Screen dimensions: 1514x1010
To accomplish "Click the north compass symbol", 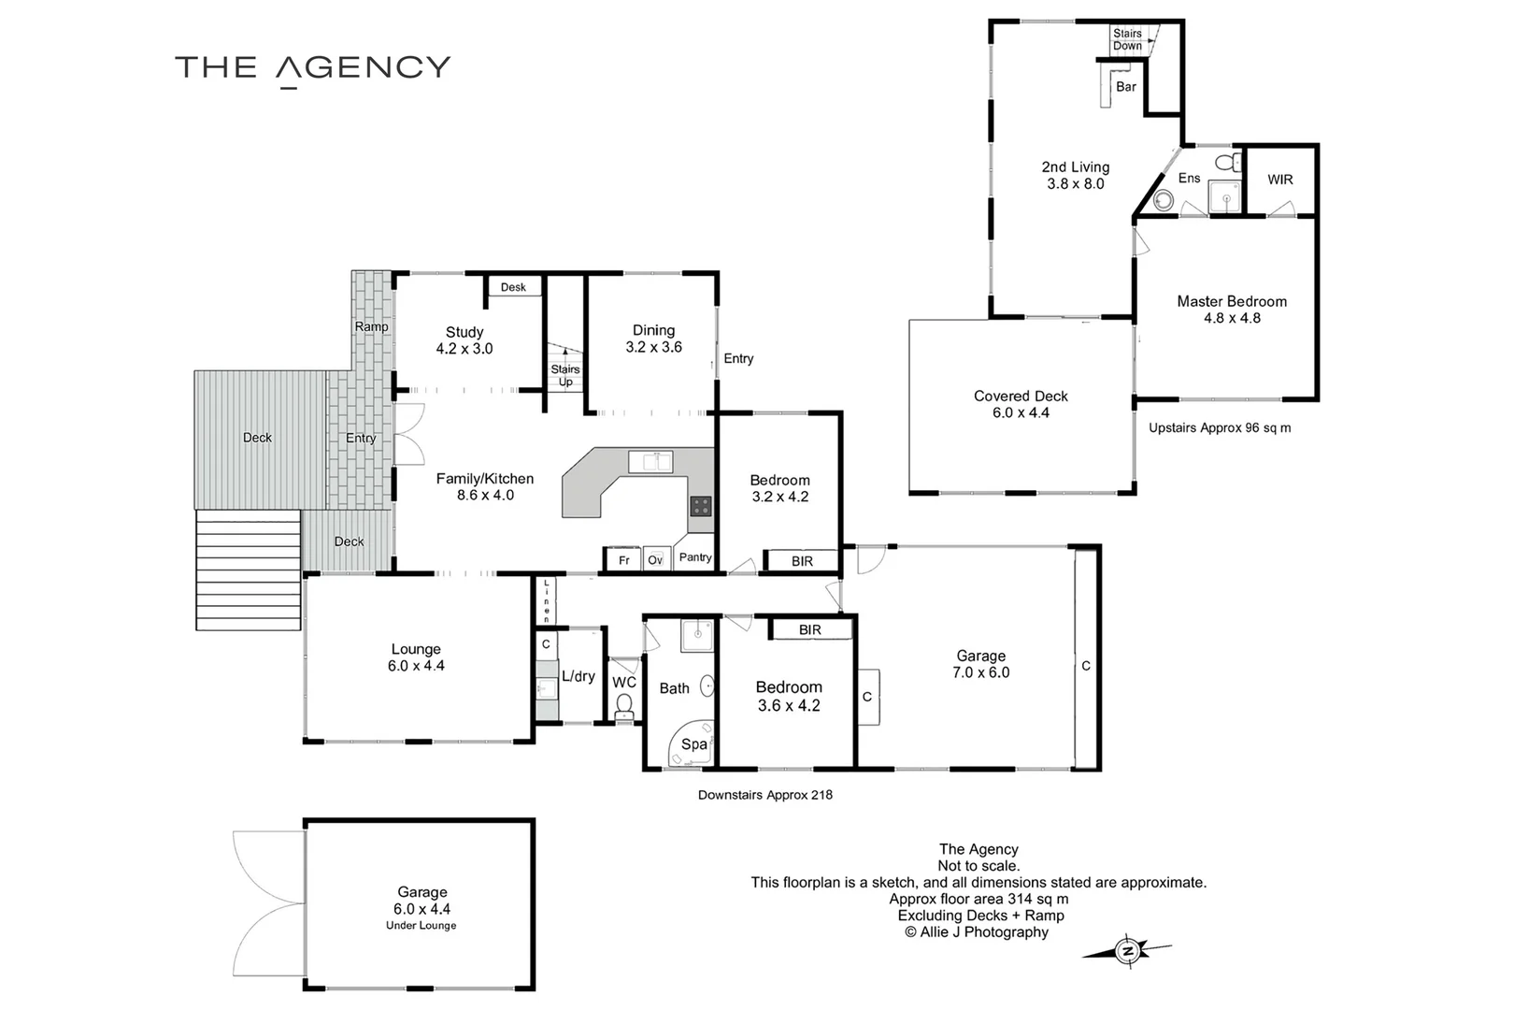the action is tap(1127, 951).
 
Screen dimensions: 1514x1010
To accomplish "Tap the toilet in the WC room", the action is tap(624, 705).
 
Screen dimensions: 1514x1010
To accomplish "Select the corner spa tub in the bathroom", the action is tap(691, 744).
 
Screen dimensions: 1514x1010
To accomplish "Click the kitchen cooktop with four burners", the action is tap(701, 505).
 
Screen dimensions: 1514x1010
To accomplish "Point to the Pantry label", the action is tap(695, 556).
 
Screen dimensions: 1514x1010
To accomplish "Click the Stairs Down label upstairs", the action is tap(1127, 39).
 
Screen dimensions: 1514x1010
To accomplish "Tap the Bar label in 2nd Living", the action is tap(1126, 87).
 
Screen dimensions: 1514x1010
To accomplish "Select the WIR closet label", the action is tap(1280, 180).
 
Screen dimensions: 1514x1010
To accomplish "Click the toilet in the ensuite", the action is tap(1228, 163).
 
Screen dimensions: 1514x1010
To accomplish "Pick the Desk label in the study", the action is tap(513, 287).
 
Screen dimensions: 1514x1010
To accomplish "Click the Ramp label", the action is tap(371, 326).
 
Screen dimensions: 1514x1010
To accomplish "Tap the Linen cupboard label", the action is tap(547, 600).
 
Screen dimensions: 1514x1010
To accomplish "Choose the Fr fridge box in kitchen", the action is tap(622, 559).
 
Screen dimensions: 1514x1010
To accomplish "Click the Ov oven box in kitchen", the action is tap(656, 559).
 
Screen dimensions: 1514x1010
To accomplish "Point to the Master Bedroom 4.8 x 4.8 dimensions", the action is tap(1232, 318).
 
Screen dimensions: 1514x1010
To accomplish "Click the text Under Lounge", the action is tap(421, 926).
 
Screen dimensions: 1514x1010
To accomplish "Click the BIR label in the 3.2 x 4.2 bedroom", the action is tap(802, 561).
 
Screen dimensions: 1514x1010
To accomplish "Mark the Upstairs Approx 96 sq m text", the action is tap(1220, 427).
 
